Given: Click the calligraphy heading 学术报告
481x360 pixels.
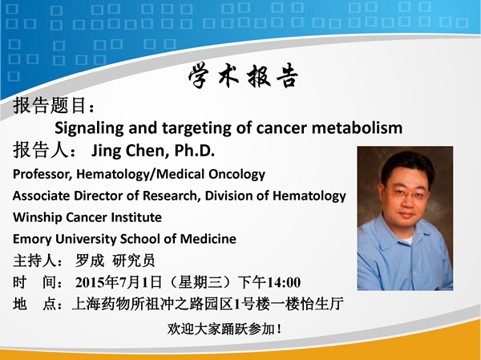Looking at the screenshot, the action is click(243, 76).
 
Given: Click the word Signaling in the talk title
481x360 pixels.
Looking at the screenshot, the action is click(89, 128).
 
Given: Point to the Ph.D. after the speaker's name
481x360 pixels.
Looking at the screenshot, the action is click(195, 150).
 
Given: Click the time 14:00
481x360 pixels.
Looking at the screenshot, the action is click(284, 282).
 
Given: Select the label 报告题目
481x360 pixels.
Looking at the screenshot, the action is click(50, 105).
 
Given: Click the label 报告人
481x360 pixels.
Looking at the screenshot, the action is click(40, 151).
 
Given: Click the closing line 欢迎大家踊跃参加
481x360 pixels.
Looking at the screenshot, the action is click(221, 329).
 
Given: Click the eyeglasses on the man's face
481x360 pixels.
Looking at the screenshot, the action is click(407, 194).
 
